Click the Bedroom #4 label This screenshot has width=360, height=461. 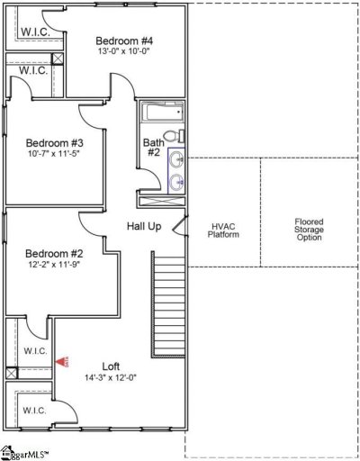(x=124, y=41)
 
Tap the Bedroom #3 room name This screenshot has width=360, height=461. (x=54, y=143)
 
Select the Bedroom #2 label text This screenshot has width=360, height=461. (x=54, y=253)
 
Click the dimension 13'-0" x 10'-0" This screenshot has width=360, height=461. (x=124, y=52)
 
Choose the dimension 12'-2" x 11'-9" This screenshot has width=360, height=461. (x=54, y=265)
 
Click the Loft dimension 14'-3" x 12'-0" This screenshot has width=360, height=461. (x=111, y=377)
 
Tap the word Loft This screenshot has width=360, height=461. (x=111, y=366)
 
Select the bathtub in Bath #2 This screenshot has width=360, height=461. (x=161, y=114)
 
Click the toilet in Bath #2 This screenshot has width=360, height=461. (x=179, y=136)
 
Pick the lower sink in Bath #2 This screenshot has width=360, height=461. (x=177, y=183)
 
